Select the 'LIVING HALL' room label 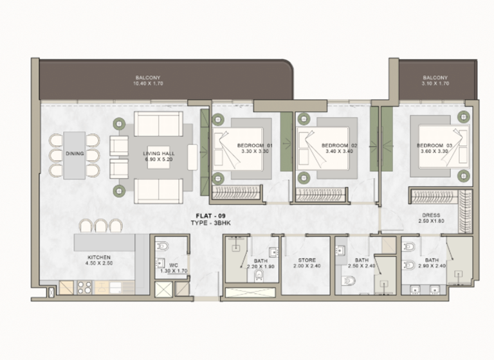tap(159, 154)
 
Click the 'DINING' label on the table tap(75, 154)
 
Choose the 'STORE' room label tap(307, 260)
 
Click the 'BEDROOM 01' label tap(255, 146)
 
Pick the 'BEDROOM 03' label tap(435, 146)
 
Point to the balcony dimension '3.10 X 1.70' tap(435, 84)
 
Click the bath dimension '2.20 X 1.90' tap(260, 266)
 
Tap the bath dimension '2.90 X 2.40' tap(432, 266)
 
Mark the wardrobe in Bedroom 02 tap(322, 194)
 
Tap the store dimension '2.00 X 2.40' tap(307, 266)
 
